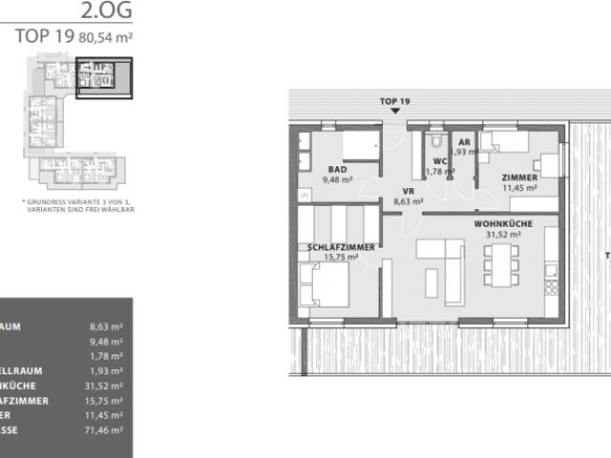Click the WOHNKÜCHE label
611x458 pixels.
[x=502, y=223]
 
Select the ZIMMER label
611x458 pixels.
[x=519, y=177]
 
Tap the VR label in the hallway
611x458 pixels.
[x=407, y=191]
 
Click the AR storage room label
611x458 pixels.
[x=462, y=141]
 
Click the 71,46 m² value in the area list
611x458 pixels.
[x=105, y=431]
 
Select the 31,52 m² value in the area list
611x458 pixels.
[x=105, y=385]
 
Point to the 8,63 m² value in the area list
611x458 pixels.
[x=105, y=325]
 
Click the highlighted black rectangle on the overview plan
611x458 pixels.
[x=104, y=77]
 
